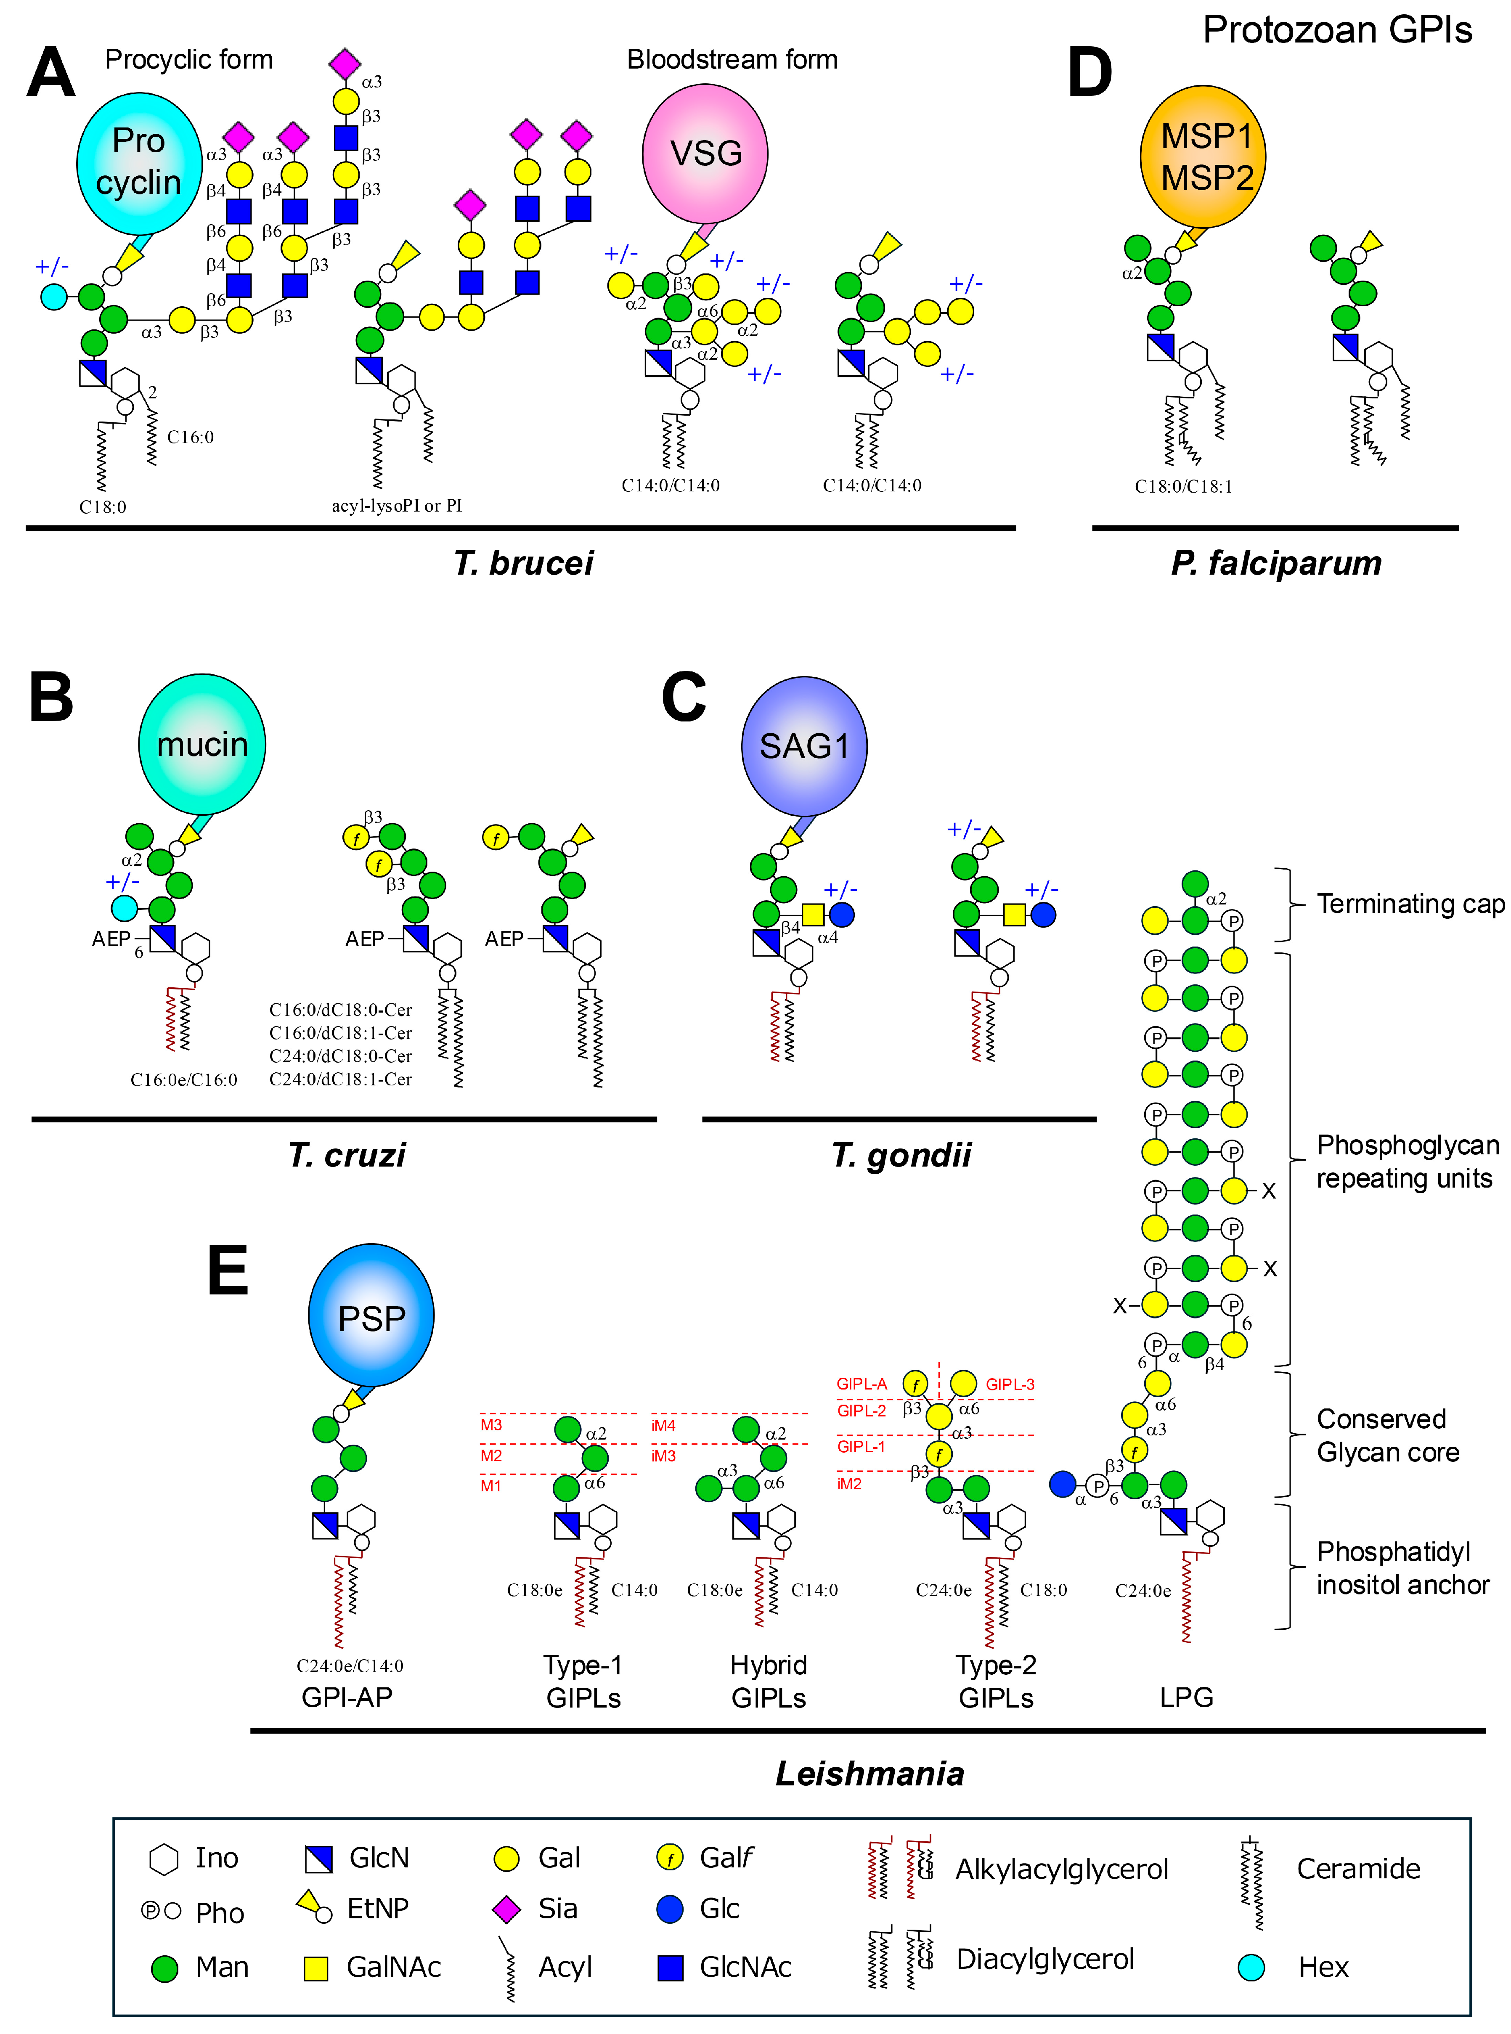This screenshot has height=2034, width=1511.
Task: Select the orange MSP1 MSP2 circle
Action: (x=1203, y=156)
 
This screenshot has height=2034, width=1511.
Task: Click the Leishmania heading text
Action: (x=870, y=1773)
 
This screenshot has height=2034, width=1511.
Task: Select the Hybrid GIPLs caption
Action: (x=768, y=1681)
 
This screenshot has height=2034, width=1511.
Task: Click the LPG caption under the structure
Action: (x=1186, y=1697)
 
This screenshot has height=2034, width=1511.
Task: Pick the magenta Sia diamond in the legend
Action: (x=507, y=1909)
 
